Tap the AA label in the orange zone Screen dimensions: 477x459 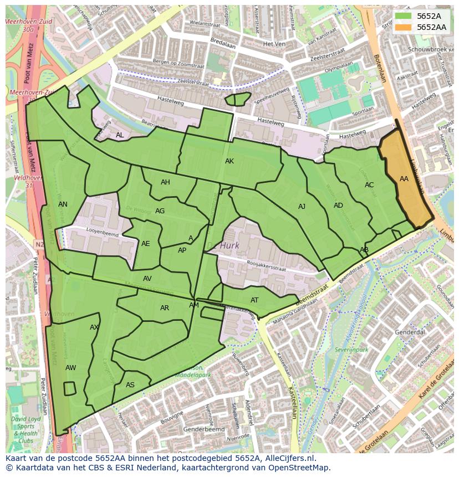pyautogui.click(x=404, y=179)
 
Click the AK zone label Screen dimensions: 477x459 pyautogui.click(x=229, y=161)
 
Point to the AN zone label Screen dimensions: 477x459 pyautogui.click(x=63, y=204)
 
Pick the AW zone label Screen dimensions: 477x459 pyautogui.click(x=70, y=368)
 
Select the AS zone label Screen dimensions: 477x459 pyautogui.click(x=130, y=385)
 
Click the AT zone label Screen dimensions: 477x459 pyautogui.click(x=254, y=300)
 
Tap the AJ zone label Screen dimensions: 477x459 pyautogui.click(x=302, y=207)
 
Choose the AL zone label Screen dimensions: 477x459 pyautogui.click(x=120, y=135)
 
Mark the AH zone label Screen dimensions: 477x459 pyautogui.click(x=165, y=182)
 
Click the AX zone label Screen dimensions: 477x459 pyautogui.click(x=94, y=327)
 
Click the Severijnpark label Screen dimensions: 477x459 pyautogui.click(x=351, y=350)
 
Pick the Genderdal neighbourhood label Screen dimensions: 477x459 pyautogui.click(x=410, y=332)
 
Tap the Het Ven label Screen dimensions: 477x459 pyautogui.click(x=274, y=43)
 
